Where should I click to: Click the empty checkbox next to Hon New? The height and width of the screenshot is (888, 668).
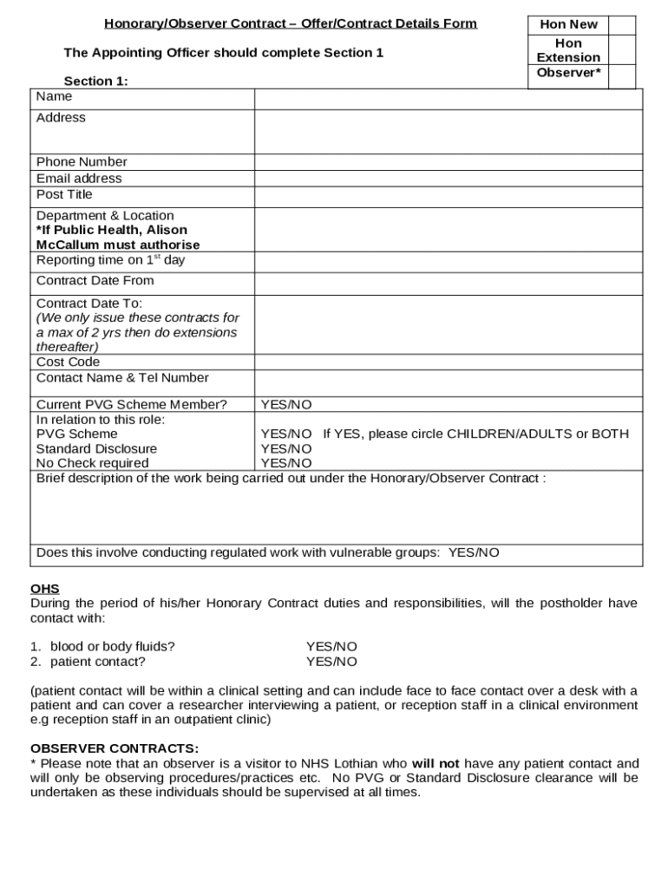(621, 25)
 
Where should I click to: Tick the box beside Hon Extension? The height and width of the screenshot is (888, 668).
(621, 50)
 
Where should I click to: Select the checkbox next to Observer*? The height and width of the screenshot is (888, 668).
(621, 75)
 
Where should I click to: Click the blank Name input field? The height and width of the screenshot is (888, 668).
(448, 98)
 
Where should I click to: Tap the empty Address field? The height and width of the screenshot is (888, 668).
(448, 132)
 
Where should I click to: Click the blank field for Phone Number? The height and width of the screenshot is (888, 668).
(448, 162)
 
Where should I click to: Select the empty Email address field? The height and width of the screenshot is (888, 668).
(448, 179)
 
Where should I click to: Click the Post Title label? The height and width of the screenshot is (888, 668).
(64, 194)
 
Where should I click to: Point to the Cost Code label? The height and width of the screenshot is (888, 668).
(68, 362)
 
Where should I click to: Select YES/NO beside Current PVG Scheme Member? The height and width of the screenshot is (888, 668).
(286, 405)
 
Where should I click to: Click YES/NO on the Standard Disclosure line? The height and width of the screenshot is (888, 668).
(286, 449)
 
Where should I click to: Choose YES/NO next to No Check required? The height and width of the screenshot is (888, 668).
(286, 463)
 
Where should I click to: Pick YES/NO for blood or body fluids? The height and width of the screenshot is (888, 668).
(331, 647)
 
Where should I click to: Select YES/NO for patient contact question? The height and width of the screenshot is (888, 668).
(331, 662)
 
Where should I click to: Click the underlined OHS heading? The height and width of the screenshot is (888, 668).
(45, 589)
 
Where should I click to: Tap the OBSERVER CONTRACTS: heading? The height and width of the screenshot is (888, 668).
(115, 748)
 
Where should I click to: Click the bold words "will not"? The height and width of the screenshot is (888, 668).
(436, 764)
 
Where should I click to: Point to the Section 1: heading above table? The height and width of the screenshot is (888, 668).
(95, 82)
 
